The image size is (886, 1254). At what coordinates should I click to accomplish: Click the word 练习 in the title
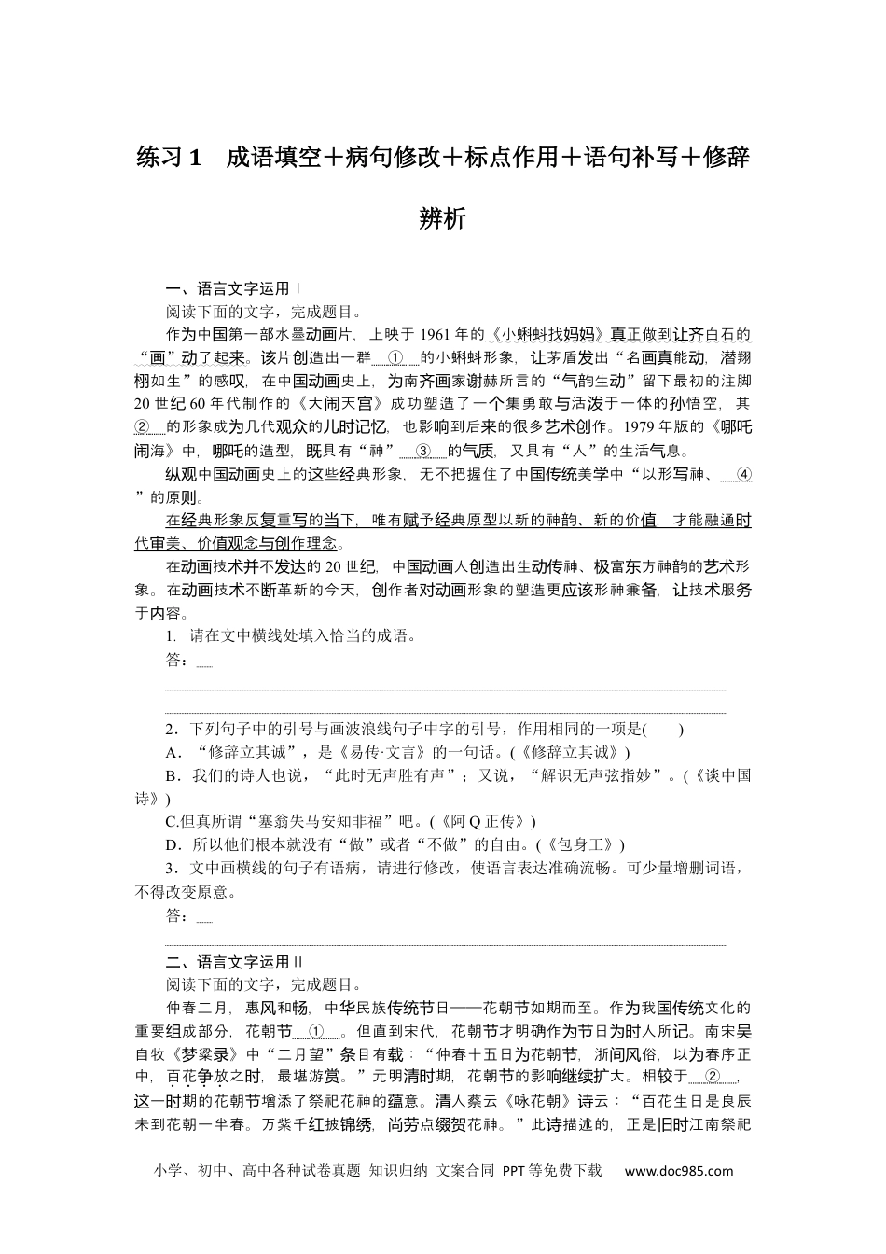coord(161,158)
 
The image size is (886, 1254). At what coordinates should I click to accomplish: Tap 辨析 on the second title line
coord(443,218)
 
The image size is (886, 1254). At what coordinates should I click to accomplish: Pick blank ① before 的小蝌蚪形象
coord(395,358)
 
